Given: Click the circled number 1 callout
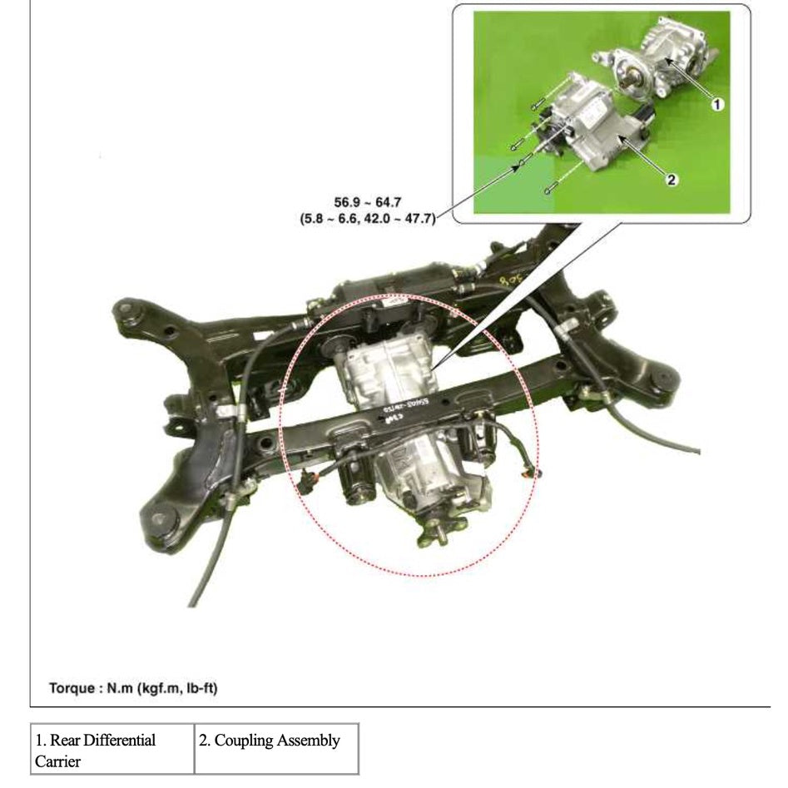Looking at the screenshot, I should [717, 104].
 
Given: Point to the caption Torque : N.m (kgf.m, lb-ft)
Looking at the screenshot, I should [133, 688].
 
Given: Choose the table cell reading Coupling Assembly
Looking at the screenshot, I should [277, 741].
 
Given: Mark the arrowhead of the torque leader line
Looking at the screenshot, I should [520, 166].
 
